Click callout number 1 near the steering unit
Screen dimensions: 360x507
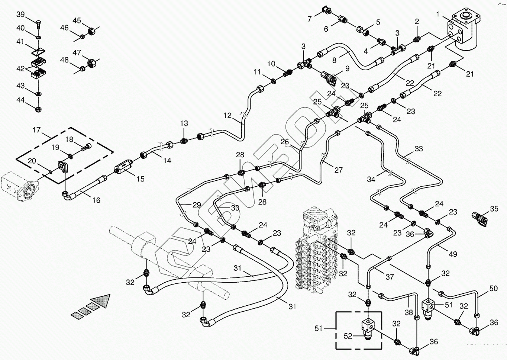[438, 15]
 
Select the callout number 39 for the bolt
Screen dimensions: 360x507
[20, 15]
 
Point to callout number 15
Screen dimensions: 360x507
[140, 179]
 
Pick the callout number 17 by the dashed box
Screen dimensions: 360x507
[36, 130]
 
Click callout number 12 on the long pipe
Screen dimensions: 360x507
[227, 116]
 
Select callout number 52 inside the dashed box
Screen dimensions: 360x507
[348, 336]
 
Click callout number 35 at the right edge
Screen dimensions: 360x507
[494, 209]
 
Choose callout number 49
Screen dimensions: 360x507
[453, 254]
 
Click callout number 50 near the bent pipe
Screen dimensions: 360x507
[493, 288]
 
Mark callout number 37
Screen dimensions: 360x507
[390, 277]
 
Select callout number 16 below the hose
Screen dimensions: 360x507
[96, 200]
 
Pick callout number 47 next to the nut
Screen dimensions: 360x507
[77, 53]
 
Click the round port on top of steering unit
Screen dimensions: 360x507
[465, 16]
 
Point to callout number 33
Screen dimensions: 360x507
[419, 149]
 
